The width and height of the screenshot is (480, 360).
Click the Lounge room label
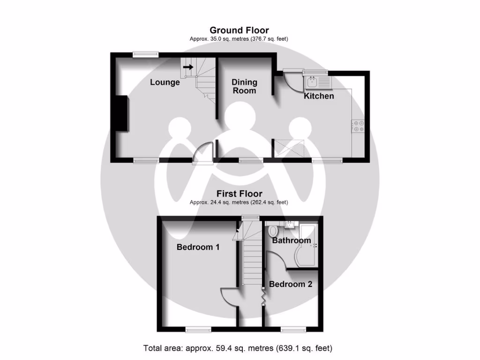point(165,82)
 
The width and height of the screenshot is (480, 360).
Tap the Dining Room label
point(245,86)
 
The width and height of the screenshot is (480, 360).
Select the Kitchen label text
point(319,96)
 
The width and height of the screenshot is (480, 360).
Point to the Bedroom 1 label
point(198,247)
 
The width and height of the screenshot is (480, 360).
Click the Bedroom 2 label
point(291,284)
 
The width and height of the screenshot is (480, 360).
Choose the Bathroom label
point(292,240)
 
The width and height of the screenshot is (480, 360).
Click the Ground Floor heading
point(239,30)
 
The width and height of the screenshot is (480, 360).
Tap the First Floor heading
point(239,194)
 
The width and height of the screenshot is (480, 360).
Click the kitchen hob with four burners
point(359,126)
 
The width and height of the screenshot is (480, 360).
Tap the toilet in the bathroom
point(273,231)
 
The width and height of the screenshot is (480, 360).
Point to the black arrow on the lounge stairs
point(188,67)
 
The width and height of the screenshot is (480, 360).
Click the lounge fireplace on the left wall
point(122,113)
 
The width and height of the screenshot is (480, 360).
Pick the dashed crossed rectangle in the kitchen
point(291,149)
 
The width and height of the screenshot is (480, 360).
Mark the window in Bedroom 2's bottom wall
point(293,330)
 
